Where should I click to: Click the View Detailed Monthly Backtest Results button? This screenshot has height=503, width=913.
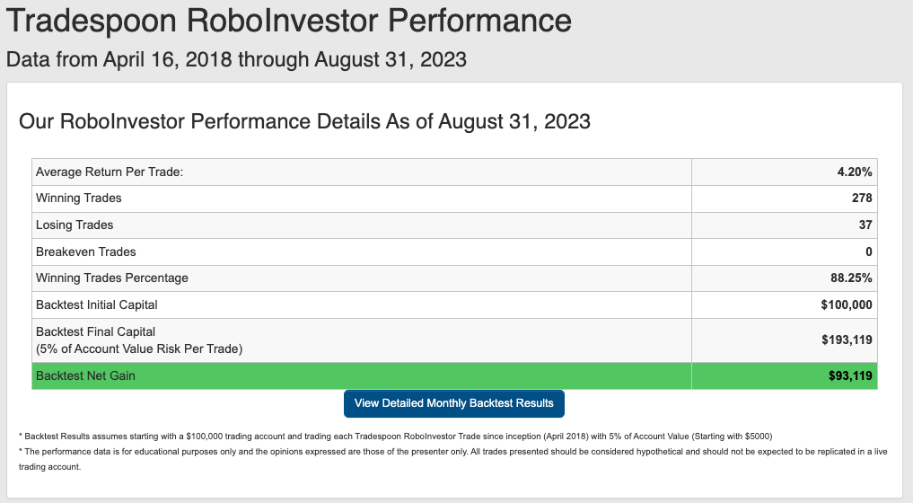(x=454, y=403)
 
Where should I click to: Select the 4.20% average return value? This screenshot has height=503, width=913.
(x=854, y=172)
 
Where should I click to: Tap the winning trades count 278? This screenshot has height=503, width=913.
(x=862, y=199)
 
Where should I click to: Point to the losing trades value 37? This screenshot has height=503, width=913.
(x=865, y=225)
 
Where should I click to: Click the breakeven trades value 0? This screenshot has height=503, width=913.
(x=869, y=251)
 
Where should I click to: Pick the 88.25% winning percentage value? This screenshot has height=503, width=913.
(x=851, y=278)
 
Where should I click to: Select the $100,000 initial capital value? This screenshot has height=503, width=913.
(x=847, y=304)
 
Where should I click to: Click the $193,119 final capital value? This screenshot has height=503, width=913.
(x=847, y=340)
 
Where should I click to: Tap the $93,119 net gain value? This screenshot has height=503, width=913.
(x=850, y=376)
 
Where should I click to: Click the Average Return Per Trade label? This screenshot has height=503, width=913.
(x=110, y=172)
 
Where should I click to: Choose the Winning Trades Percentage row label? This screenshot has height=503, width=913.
(x=112, y=278)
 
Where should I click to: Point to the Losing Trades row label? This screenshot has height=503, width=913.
(x=75, y=225)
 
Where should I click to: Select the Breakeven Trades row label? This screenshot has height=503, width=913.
(x=85, y=251)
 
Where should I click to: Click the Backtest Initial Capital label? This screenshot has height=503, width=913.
(x=97, y=304)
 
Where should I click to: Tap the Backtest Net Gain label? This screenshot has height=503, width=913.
(x=85, y=376)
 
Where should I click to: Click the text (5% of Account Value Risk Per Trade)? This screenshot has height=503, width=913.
(x=139, y=349)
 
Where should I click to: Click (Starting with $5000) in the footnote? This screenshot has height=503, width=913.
(x=732, y=437)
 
